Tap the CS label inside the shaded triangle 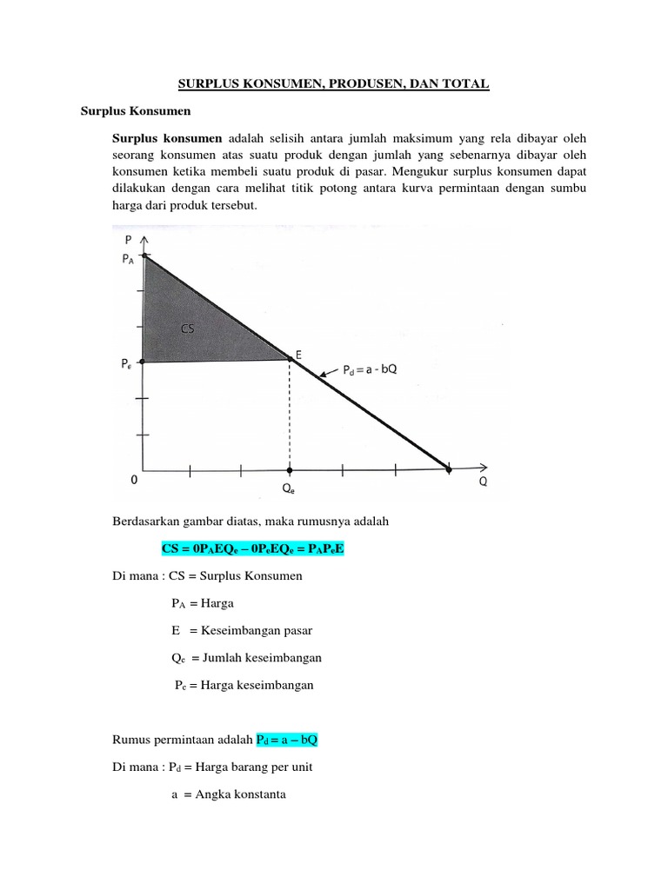[x=188, y=329]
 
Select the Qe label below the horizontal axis [x=288, y=488]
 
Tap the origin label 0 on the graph [x=134, y=479]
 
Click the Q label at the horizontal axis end [x=483, y=483]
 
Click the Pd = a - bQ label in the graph [x=370, y=370]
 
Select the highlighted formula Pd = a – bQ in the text [x=292, y=739]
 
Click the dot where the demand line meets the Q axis [x=449, y=469]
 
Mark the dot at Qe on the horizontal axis [x=290, y=469]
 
